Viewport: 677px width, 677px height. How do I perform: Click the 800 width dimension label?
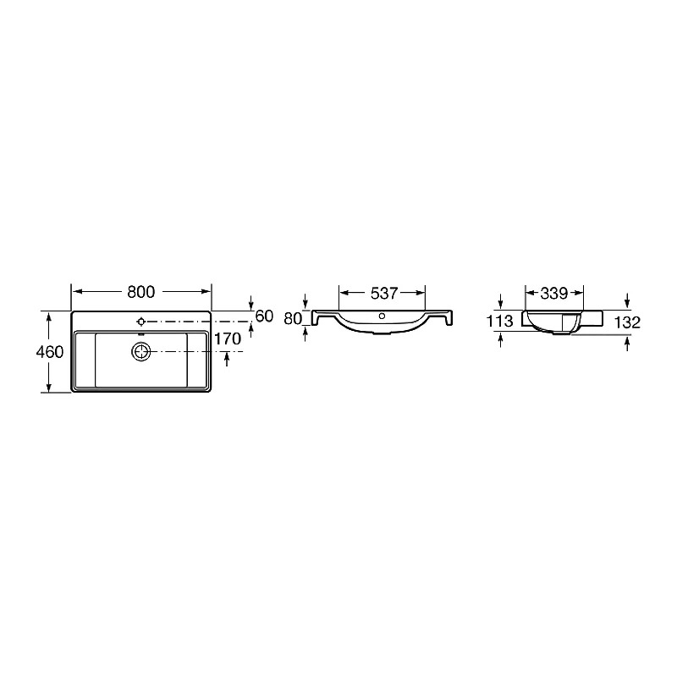(x=140, y=292)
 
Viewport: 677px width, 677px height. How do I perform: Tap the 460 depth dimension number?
(x=50, y=352)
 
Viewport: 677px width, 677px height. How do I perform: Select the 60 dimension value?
(x=264, y=316)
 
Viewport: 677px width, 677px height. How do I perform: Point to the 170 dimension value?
(x=228, y=339)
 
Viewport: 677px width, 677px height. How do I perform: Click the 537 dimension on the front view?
(x=384, y=293)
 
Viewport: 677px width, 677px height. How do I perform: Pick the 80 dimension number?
(x=293, y=319)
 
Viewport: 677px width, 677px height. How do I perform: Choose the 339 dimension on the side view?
(x=554, y=293)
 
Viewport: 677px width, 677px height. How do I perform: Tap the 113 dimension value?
(x=499, y=321)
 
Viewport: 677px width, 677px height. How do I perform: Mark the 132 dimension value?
(x=627, y=322)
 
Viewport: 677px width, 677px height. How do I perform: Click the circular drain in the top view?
(x=140, y=352)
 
